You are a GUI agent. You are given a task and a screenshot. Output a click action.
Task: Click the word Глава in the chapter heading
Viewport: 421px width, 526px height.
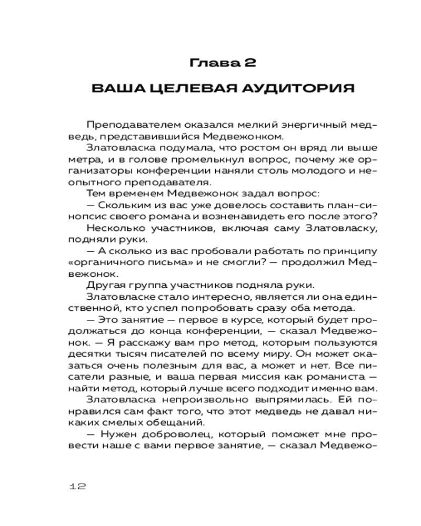pyautogui.click(x=209, y=64)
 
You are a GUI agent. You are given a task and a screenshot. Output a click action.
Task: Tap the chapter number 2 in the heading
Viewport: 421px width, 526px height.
pyautogui.click(x=249, y=64)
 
